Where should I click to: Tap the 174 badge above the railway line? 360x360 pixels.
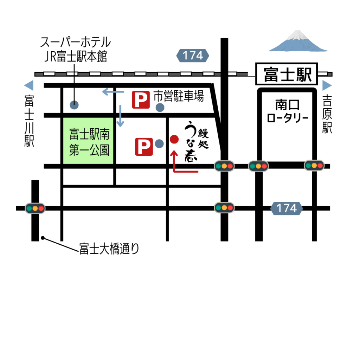click(193, 56)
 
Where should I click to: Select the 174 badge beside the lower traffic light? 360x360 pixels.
click(287, 208)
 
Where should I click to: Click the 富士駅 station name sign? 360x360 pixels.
click(287, 74)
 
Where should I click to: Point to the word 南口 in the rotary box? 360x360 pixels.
click(287, 105)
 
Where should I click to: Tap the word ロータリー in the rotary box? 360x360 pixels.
click(287, 118)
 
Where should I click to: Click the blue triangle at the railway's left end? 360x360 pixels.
click(29, 85)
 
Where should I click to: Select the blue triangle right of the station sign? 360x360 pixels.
click(327, 85)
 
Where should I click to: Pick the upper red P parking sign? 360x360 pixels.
click(141, 100)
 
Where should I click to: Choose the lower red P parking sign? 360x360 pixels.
click(144, 147)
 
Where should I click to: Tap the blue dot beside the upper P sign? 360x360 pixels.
click(160, 108)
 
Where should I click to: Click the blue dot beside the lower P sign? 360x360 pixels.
click(159, 143)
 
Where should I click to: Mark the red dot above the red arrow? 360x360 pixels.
click(174, 139)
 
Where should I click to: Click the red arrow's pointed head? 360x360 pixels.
click(174, 153)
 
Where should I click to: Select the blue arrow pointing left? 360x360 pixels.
click(112, 92)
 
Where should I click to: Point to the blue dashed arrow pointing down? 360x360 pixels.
click(120, 116)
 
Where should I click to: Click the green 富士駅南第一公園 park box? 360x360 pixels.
click(88, 141)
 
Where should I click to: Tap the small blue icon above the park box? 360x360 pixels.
click(74, 104)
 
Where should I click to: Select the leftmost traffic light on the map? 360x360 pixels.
click(35, 208)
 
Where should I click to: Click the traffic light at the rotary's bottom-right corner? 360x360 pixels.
click(314, 165)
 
